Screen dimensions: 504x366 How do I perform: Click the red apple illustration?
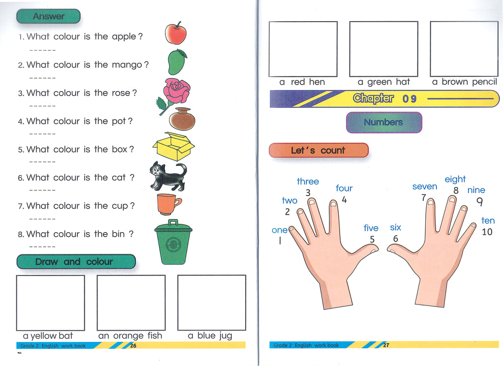pos(176,33)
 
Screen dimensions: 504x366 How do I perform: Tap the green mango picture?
pos(177,61)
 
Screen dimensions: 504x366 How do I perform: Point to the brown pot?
pos(182,119)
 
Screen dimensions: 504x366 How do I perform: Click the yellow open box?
pos(174,147)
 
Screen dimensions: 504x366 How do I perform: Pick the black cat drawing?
pos(168,176)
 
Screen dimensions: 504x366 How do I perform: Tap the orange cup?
pos(168,204)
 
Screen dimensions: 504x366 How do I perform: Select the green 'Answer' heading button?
pos(48,16)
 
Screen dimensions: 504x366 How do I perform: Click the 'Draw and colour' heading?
pos(76,262)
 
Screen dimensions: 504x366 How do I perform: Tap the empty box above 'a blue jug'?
pos(212,303)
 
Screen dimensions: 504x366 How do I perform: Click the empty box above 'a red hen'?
pos(303,49)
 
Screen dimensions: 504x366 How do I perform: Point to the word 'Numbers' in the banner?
pos(383,122)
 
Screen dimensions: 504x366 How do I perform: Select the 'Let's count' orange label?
pos(318,151)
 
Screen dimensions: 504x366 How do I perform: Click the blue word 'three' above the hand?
pos(308,181)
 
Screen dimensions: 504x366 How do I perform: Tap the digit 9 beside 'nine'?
pos(479,202)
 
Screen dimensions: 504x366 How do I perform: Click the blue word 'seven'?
pos(425,186)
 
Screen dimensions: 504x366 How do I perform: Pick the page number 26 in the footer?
pos(133,346)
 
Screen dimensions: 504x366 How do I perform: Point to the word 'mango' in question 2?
pos(127,65)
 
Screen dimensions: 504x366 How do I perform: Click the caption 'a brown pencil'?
pos(465,82)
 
